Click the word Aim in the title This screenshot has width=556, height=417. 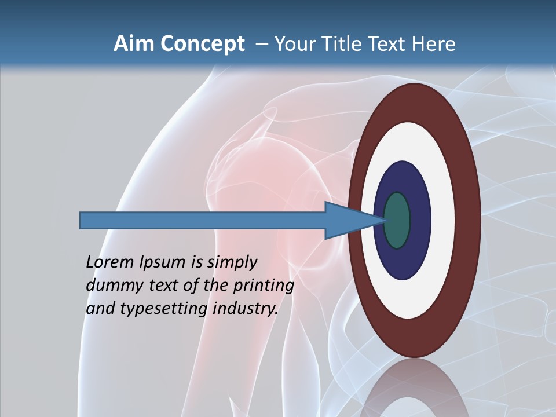coord(134,44)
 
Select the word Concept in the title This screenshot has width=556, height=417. coord(202,44)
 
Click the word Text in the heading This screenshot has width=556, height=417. coord(390,44)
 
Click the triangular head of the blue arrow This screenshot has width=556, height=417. coord(348,221)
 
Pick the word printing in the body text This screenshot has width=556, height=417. coord(264,286)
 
